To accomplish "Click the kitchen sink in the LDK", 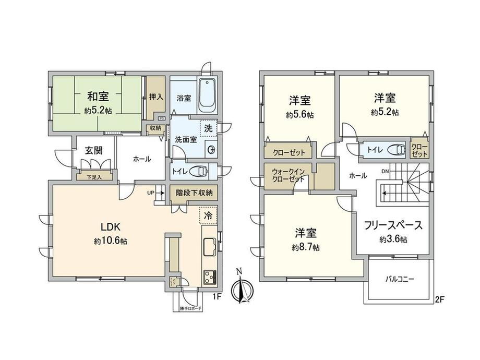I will tap(209, 245).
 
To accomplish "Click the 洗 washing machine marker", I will tap(209, 128).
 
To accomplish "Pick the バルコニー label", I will tap(400, 279).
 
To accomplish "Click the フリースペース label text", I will tap(393, 226).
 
